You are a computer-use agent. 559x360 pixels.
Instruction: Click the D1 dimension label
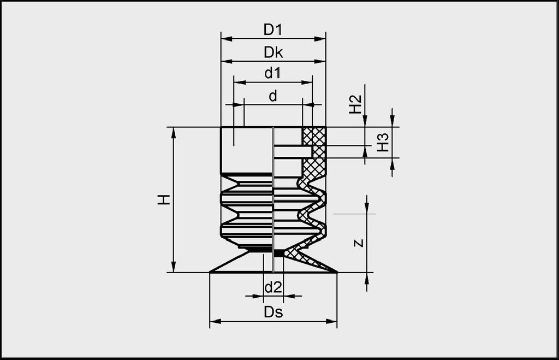coord(273,30)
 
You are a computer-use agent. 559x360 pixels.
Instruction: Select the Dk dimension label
coord(273,52)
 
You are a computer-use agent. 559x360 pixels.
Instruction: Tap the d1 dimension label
coord(273,74)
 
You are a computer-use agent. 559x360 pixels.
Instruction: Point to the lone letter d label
coord(273,96)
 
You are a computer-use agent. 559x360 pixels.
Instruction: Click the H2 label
coord(355,104)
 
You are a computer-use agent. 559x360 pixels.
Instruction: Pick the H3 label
coord(383,143)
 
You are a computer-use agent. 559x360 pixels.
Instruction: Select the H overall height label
coord(164,199)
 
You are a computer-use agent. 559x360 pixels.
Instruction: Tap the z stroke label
coord(358,243)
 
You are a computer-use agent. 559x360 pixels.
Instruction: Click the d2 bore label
coord(273,287)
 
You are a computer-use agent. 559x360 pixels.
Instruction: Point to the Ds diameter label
coord(273,312)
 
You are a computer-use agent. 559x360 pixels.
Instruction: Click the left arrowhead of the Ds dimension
coord(215,321)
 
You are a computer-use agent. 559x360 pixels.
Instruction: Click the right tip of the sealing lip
coord(336,271)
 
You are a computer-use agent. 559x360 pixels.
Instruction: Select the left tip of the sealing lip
coord(211,271)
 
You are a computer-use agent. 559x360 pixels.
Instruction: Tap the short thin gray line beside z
coord(354,214)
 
